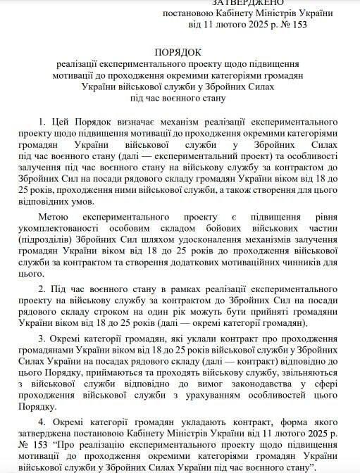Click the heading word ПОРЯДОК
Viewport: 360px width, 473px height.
coord(180,52)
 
